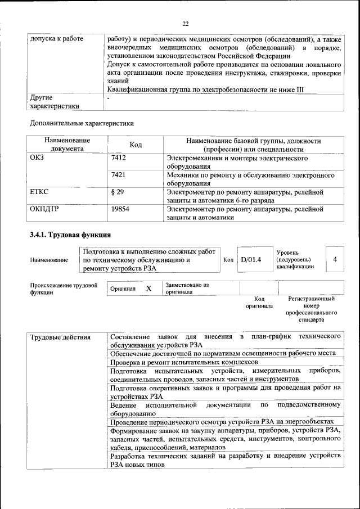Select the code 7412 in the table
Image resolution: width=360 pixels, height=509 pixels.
(118, 159)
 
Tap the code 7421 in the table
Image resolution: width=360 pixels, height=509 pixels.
(118, 175)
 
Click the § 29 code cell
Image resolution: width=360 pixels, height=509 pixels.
(118, 192)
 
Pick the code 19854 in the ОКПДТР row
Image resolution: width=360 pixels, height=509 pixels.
(120, 209)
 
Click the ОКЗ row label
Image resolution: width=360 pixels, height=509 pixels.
(37, 159)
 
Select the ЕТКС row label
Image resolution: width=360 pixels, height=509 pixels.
(39, 192)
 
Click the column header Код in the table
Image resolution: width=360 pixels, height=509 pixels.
(136, 145)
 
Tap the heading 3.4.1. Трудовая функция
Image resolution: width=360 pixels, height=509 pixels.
(70, 235)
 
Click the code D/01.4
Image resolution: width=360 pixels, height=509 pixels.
(251, 259)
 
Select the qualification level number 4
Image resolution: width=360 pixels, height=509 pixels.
(335, 259)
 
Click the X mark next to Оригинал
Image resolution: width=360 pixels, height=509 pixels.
(148, 288)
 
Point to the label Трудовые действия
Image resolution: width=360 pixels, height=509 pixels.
(60, 337)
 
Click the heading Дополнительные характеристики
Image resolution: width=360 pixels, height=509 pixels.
(81, 122)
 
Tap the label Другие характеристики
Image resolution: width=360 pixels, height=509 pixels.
(55, 101)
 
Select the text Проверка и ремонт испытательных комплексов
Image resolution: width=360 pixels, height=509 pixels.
(183, 362)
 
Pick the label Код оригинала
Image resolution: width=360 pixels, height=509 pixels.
(259, 302)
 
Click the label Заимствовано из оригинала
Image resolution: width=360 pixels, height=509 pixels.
(187, 288)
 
